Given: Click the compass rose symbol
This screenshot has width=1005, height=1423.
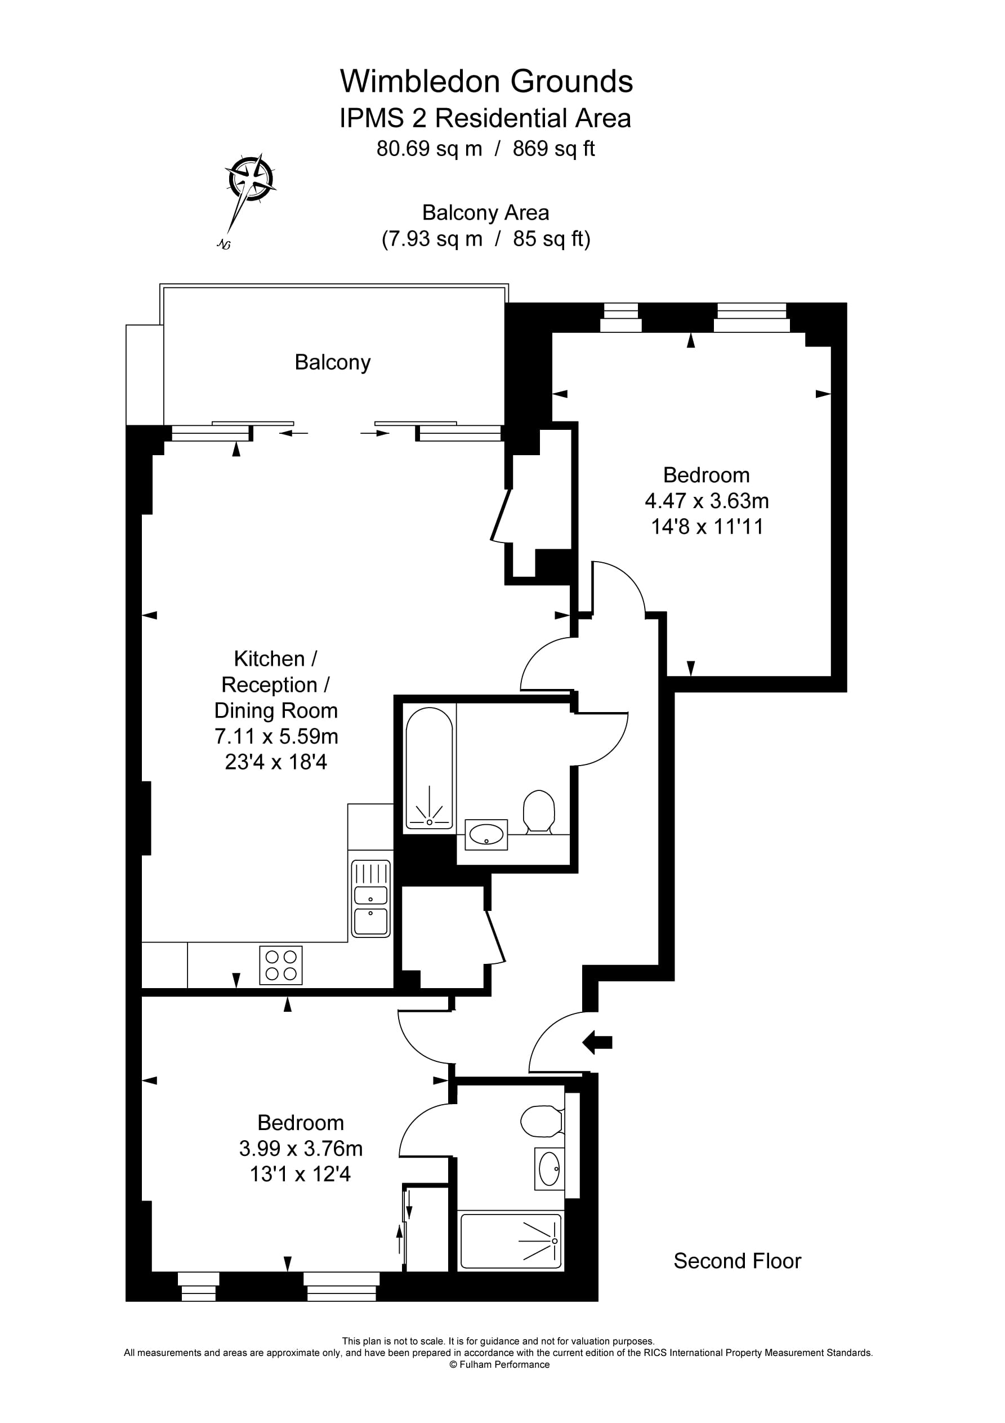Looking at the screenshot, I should (x=251, y=180).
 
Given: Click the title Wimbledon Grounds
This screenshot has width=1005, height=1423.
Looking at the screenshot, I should (x=486, y=81).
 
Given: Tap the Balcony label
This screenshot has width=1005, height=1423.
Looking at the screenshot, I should (x=332, y=362).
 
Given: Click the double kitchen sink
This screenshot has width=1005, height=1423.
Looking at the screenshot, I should (x=370, y=898).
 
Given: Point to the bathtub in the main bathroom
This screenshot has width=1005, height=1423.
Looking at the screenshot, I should (x=429, y=768).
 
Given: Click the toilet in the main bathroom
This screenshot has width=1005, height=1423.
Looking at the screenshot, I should (x=538, y=811).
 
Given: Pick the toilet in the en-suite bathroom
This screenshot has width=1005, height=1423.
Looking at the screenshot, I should (x=541, y=1121).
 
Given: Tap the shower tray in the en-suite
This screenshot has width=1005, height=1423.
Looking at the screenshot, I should (x=511, y=1241).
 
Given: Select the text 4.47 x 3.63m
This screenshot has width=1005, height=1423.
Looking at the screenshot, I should (x=707, y=500).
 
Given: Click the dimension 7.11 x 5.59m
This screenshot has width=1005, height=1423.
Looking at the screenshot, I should (x=276, y=736).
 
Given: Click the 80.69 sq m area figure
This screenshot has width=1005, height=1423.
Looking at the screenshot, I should (x=429, y=149).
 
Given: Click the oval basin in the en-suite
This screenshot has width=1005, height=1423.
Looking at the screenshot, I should (x=549, y=1169).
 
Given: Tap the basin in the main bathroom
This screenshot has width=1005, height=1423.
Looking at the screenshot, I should (x=486, y=834).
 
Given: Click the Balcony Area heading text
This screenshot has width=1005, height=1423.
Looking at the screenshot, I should (x=485, y=212).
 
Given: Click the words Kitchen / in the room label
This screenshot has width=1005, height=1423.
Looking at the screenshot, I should (x=276, y=658).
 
